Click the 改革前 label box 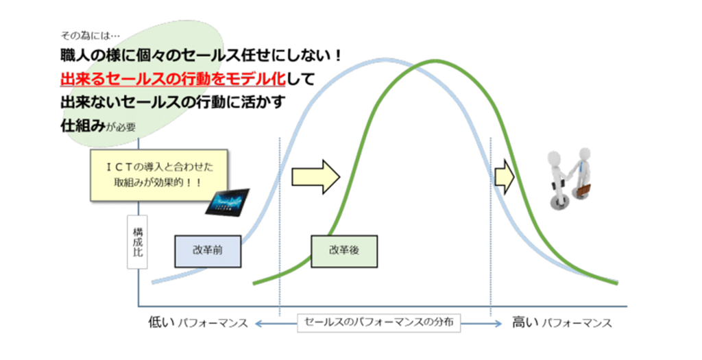pyautogui.click(x=208, y=251)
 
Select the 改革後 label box pyautogui.click(x=344, y=251)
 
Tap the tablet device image pyautogui.click(x=228, y=202)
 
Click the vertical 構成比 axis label pyautogui.click(x=137, y=242)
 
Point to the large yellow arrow pyautogui.click(x=315, y=177)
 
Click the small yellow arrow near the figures pyautogui.click(x=505, y=177)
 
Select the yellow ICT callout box pyautogui.click(x=159, y=175)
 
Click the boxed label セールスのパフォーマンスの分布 pyautogui.click(x=378, y=322)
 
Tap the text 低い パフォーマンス pyautogui.click(x=198, y=323)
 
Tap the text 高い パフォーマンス pyautogui.click(x=562, y=323)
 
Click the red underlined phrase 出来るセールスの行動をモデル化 pyautogui.click(x=173, y=79)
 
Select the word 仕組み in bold pyautogui.click(x=83, y=125)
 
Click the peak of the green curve pyautogui.click(x=433, y=61)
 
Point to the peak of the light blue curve pyautogui.click(x=383, y=60)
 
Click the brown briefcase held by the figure pyautogui.click(x=583, y=191)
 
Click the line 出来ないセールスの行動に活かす pyautogui.click(x=173, y=103)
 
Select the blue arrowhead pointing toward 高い pyautogui.click(x=498, y=323)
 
